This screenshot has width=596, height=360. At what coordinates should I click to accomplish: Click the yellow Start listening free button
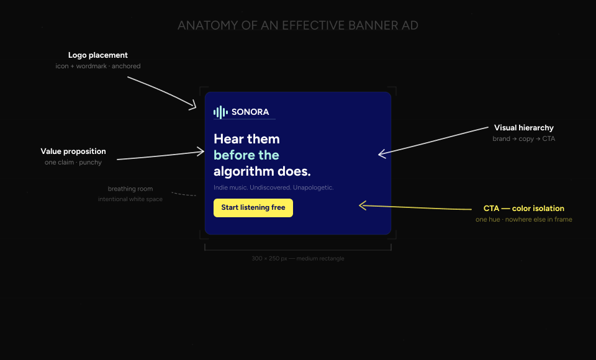(253, 208)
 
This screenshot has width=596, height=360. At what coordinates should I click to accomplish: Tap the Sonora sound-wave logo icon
(220, 112)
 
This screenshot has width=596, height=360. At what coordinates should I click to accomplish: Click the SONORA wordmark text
(250, 112)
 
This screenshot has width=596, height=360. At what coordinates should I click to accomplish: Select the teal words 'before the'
(246, 155)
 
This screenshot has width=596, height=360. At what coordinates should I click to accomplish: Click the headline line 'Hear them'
(246, 139)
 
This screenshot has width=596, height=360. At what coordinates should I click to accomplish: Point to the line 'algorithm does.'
(262, 172)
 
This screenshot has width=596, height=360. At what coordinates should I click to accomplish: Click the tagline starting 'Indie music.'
(273, 187)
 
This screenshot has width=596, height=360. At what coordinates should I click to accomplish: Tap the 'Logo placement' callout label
(98, 56)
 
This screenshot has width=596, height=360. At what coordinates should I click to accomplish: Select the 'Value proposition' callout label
(73, 151)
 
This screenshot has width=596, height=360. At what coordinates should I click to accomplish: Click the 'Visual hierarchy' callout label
(523, 128)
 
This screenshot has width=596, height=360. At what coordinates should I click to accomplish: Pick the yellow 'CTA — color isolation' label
(523, 209)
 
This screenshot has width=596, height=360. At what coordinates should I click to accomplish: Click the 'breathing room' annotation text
(130, 189)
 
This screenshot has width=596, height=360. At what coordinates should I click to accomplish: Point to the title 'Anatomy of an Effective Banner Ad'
(298, 25)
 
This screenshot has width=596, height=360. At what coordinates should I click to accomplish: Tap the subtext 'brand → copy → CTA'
(523, 139)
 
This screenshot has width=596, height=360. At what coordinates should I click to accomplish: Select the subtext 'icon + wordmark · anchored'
(98, 66)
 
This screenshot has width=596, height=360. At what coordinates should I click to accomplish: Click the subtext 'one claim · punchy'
(73, 163)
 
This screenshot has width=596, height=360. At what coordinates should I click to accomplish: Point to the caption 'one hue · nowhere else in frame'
(523, 220)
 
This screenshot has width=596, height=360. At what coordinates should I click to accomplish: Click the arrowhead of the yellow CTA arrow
(361, 205)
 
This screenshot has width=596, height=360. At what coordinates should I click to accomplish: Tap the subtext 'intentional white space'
(130, 199)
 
